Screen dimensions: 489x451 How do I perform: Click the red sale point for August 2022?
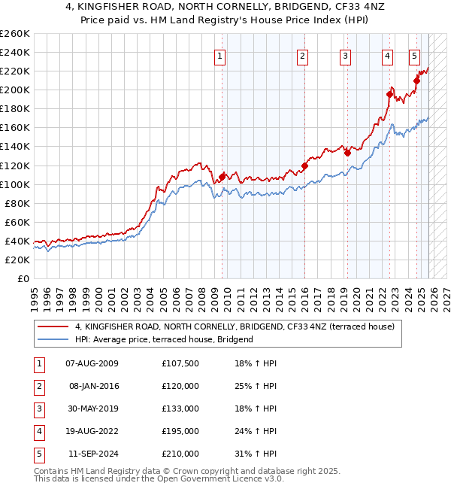click(x=389, y=94)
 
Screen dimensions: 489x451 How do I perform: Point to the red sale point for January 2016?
click(x=304, y=166)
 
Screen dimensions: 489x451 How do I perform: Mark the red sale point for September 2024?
click(x=416, y=80)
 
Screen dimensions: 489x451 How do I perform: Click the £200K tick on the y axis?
click(x=15, y=90)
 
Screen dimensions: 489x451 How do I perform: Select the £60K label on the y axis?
click(x=17, y=222)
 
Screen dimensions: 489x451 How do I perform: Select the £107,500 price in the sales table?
click(x=180, y=364)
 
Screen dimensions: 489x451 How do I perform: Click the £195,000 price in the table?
click(x=180, y=431)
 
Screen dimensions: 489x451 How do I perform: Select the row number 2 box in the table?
click(x=38, y=387)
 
